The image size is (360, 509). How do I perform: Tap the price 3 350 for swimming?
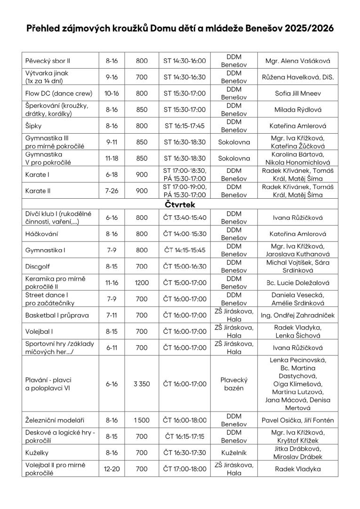[x=142, y=384]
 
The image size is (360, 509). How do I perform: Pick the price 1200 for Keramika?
[x=142, y=283]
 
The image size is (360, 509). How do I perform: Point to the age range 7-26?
[x=112, y=192]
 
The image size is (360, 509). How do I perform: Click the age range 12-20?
[x=112, y=469]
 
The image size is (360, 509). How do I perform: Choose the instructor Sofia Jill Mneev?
[x=298, y=93]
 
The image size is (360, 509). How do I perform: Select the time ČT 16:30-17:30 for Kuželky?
[x=184, y=452]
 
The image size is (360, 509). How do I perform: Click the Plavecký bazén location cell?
[x=234, y=384]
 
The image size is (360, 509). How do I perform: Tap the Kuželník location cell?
[x=234, y=452]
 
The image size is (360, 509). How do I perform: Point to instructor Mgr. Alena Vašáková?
[x=298, y=61]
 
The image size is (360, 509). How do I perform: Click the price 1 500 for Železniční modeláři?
[x=142, y=420]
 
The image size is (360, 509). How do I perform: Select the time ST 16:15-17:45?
[x=184, y=126]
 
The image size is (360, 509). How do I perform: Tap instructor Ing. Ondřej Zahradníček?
[x=298, y=315]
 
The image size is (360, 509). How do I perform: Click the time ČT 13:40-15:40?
[x=184, y=218]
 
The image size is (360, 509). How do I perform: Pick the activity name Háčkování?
[x=42, y=234]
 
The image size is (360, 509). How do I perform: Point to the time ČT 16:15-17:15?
[x=184, y=436]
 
